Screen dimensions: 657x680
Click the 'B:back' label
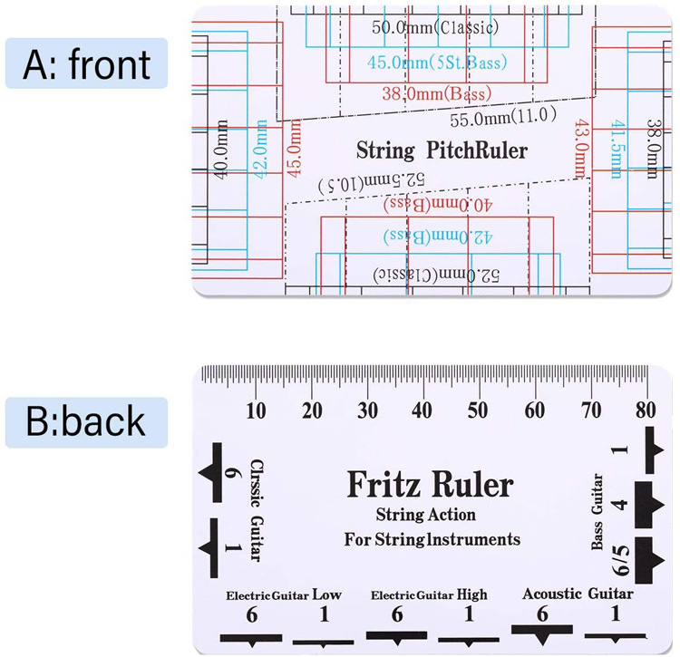(86, 421)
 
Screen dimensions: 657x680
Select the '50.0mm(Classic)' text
(435, 27)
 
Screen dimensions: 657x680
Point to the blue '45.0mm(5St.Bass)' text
(437, 63)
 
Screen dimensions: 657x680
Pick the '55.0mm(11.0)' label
(498, 118)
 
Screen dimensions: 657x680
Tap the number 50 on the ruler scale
(478, 410)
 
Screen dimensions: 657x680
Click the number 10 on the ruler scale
(257, 410)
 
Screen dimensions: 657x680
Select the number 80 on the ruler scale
(646, 410)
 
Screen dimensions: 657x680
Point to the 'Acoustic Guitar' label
(578, 594)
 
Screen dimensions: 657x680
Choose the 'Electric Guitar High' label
(429, 595)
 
